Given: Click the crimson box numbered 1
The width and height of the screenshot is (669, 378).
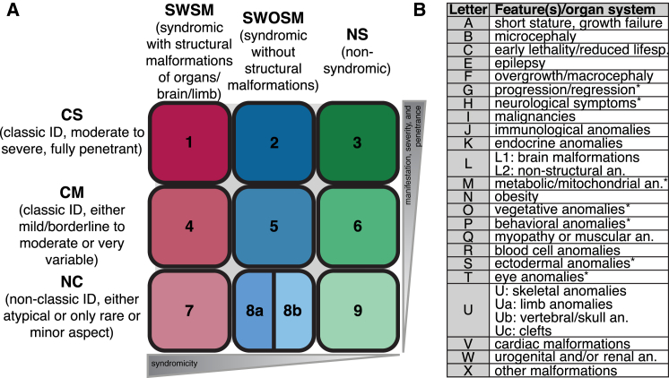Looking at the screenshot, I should point(189,141).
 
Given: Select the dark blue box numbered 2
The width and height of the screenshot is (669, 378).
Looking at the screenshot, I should point(274,141).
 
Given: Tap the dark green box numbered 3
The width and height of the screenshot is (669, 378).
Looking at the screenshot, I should point(358,141).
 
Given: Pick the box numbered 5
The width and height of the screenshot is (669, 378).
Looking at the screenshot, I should point(274,227).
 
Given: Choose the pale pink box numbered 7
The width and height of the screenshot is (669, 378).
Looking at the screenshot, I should point(189,311).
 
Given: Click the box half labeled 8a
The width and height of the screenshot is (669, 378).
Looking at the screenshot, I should point(254,311).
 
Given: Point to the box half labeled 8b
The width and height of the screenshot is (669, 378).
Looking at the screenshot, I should point(294,311).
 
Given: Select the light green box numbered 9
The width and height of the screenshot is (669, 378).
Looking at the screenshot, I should point(358,311).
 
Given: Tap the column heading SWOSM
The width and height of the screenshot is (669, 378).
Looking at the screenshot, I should point(274,19).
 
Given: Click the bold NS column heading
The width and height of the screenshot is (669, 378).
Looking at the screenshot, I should point(357,33).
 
